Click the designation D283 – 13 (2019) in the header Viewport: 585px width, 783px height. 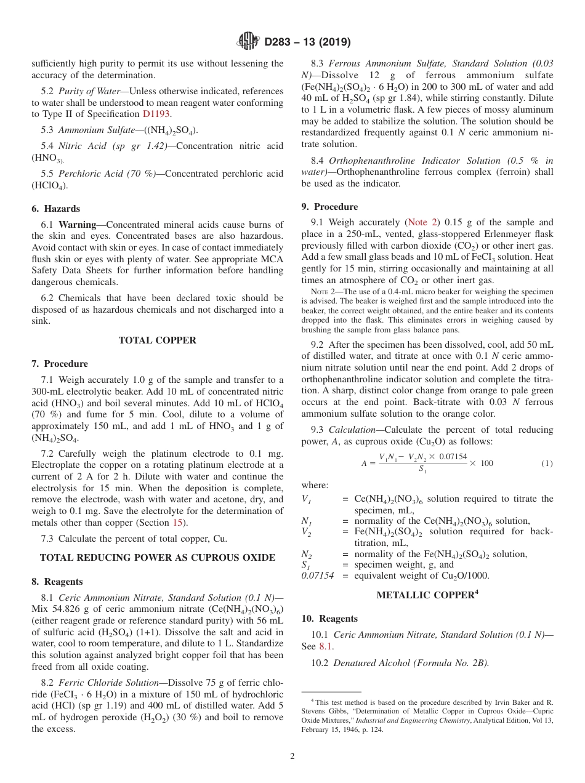point(307,42)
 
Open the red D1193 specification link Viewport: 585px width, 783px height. point(156,114)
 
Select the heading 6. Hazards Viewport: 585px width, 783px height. point(55,209)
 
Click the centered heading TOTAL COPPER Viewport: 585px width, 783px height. point(157,340)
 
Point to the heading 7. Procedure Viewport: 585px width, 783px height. point(60,364)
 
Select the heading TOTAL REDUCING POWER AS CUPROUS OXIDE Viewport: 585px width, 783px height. point(157,558)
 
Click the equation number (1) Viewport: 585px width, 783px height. point(547,463)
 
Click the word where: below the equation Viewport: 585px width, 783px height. point(315,485)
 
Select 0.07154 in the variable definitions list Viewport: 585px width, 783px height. point(317,576)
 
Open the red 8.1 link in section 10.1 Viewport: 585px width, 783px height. point(325,646)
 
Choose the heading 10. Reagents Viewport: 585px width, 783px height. point(329,619)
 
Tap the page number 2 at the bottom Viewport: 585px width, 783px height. point(292,757)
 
